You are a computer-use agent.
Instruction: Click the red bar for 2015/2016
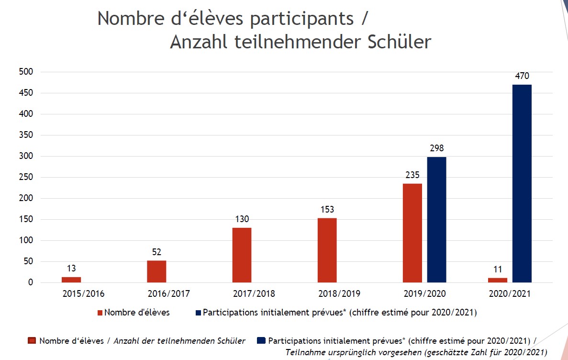71,280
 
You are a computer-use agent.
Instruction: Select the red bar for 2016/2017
156,271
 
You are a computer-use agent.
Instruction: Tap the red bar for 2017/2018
242,255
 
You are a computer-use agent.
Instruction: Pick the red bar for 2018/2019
327,250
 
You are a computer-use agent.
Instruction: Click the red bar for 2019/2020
412,233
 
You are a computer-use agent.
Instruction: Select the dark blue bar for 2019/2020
436,220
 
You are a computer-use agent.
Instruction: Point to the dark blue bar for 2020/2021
522,183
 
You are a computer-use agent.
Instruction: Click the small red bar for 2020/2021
498,280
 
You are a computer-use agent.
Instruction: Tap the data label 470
522,76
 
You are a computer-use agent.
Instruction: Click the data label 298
436,148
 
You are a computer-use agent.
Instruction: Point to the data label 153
327,210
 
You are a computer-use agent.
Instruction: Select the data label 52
156,252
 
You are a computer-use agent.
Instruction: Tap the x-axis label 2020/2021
510,294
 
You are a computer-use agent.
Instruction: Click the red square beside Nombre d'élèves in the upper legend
100,313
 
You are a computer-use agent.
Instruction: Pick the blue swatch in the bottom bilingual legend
261,341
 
